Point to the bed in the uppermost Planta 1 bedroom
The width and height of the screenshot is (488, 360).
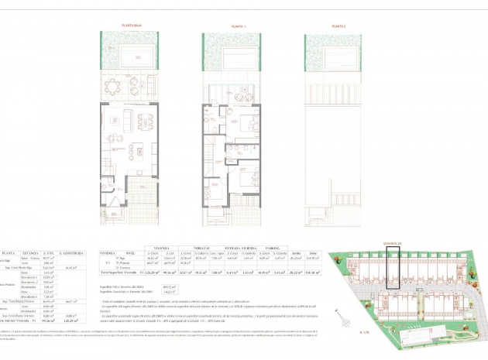[x=249, y=122]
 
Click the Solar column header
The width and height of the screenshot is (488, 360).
[x=313, y=252]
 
